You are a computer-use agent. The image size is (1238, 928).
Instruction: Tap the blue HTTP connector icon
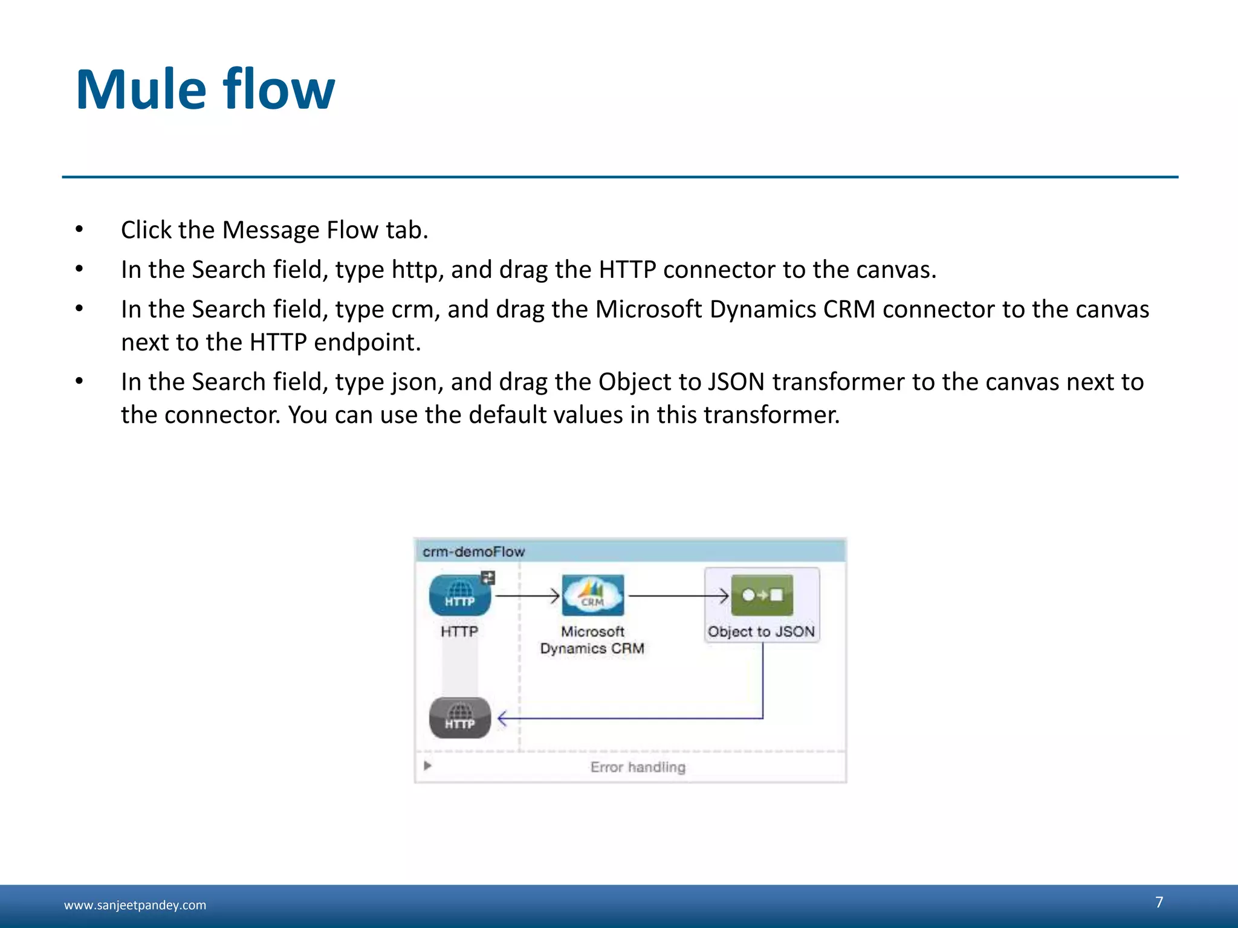point(459,596)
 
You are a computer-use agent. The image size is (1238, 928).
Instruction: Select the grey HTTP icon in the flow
point(459,718)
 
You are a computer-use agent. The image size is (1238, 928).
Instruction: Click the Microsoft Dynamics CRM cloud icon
point(592,595)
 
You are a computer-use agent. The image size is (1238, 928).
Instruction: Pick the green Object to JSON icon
point(762,595)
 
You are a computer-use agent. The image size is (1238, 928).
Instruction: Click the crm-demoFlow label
point(473,552)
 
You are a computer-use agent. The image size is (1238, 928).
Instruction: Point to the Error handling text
point(638,767)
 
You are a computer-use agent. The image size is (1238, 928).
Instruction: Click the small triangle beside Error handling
point(427,766)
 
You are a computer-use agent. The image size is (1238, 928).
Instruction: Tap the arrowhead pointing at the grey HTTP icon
point(502,719)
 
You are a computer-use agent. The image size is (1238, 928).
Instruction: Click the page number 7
point(1159,902)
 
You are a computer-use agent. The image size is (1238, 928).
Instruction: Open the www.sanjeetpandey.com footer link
point(135,905)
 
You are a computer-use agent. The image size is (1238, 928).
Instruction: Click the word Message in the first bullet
point(271,230)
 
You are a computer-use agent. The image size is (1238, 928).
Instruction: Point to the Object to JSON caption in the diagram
point(761,632)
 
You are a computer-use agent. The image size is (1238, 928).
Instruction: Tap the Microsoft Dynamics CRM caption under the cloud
point(592,640)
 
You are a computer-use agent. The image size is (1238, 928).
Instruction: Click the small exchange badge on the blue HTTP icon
point(488,578)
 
